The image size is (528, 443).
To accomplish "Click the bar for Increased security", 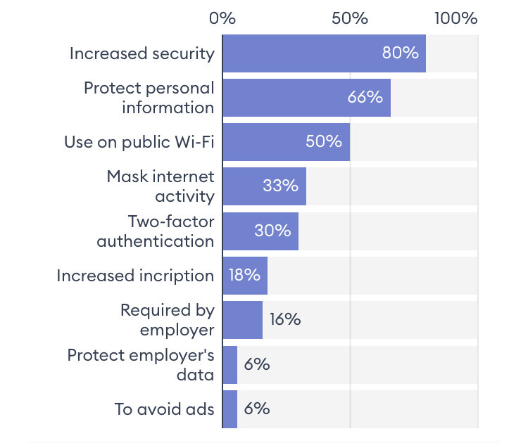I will (324, 53).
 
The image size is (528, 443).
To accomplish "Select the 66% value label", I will (365, 98).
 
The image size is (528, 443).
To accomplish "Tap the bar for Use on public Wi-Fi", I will (286, 141).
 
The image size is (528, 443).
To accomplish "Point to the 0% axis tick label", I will (222, 18).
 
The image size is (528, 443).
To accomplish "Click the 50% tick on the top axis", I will (350, 18).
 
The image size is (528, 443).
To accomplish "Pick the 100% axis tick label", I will (455, 18).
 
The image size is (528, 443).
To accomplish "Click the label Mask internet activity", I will (161, 186).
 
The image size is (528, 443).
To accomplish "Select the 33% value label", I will (280, 186).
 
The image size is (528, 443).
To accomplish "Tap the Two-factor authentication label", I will (156, 231).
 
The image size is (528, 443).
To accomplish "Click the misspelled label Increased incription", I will (135, 276).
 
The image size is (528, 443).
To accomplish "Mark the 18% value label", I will (244, 276).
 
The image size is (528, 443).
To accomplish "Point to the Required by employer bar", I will (242, 320).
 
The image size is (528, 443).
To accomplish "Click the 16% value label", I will (284, 320).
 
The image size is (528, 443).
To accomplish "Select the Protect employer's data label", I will (141, 364).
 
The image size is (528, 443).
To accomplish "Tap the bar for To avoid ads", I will (230, 409).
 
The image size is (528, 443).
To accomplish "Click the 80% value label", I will (400, 53).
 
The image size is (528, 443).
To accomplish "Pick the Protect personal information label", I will (149, 98).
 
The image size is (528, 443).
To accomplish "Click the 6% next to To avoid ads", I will (257, 409).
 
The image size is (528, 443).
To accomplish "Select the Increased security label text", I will (142, 53).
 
